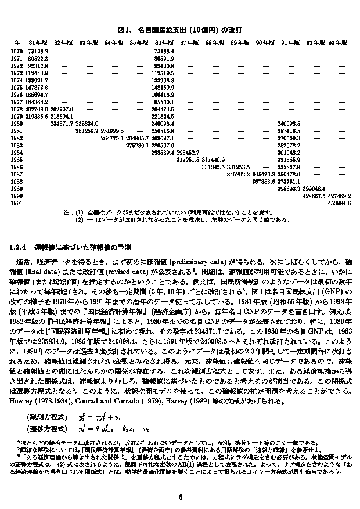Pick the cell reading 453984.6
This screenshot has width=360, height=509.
coord(340,203)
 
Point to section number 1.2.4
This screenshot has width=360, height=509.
coord(20,247)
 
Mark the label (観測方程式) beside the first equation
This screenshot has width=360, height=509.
coord(46,417)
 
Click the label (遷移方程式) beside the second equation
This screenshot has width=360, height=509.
coord(46,429)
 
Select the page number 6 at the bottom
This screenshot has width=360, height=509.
coord(181,497)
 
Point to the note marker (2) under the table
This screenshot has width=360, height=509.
coord(80,220)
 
